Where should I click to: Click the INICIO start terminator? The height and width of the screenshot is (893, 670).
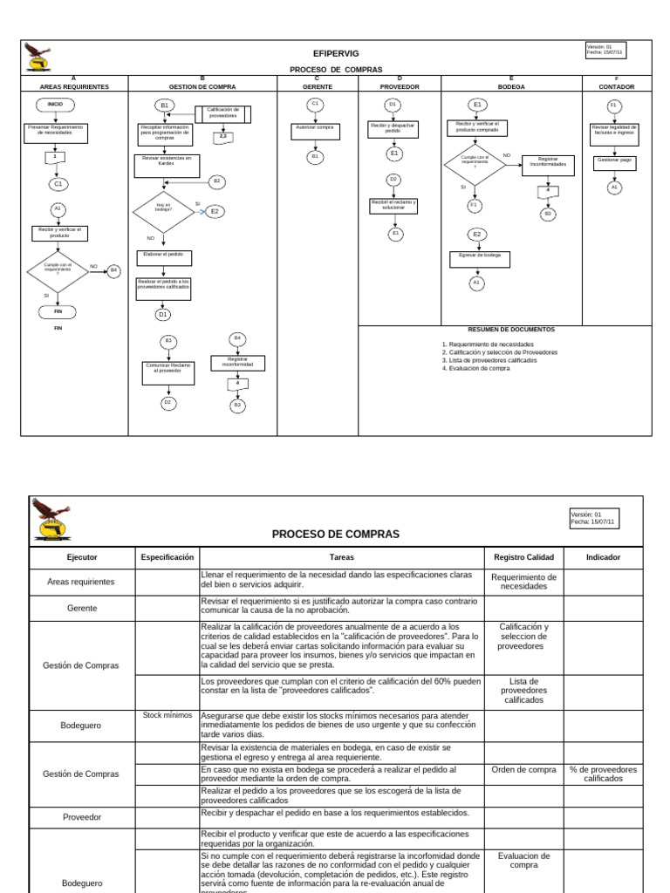click(55, 104)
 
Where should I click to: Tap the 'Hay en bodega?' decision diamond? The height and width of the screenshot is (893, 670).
click(162, 209)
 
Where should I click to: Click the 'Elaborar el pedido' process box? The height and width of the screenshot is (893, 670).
click(164, 257)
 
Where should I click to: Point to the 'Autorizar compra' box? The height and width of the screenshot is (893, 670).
click(315, 128)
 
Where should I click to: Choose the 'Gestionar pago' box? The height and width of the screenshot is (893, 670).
click(614, 160)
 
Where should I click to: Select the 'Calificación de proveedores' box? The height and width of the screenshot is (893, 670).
click(223, 113)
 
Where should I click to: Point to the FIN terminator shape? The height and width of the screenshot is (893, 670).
click(58, 310)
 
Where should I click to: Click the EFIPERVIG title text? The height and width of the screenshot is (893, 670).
click(336, 53)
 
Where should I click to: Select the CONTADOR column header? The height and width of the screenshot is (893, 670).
click(616, 87)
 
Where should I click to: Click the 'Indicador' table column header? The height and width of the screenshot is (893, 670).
click(604, 556)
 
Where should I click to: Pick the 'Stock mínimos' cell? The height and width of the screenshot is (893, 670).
click(167, 714)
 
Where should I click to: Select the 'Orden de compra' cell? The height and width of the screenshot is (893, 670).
click(523, 769)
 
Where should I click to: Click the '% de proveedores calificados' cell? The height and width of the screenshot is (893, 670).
click(604, 774)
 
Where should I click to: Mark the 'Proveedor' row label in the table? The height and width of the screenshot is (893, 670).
click(82, 818)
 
